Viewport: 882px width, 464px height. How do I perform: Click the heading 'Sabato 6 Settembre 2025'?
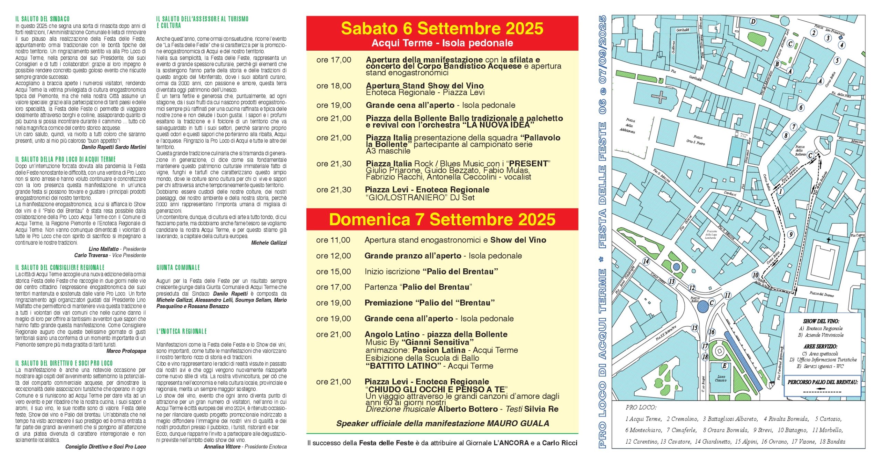coord(442,29)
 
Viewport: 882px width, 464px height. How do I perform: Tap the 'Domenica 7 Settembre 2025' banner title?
coord(442,220)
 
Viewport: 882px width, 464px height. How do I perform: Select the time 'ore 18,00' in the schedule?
coord(334,86)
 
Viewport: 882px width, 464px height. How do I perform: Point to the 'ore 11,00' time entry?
coord(333,240)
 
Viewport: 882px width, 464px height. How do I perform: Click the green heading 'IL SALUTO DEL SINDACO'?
coord(42,19)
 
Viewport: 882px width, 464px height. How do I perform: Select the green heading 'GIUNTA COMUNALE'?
coord(178,268)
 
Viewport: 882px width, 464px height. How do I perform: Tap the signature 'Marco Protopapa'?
coord(126,351)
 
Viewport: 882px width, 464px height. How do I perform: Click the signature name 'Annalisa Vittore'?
coord(222,447)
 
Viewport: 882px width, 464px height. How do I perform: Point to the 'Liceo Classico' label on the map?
coord(720,378)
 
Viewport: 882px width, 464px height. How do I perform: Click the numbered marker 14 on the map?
coord(646,261)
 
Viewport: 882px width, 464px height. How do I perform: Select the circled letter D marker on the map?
coord(753,22)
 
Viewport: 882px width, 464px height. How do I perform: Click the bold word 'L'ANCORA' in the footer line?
coord(511,443)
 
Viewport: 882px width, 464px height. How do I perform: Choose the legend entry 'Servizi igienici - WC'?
coord(823,366)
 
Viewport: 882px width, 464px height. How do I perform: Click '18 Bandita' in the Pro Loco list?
coord(832,441)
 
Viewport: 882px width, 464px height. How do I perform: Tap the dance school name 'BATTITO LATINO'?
coord(405,366)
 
